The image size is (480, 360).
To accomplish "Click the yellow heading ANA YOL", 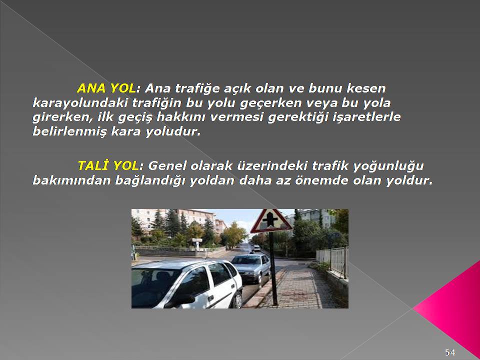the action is (x=106, y=88).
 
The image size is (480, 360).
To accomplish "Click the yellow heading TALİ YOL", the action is (x=108, y=165).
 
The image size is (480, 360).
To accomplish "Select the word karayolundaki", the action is (x=80, y=103).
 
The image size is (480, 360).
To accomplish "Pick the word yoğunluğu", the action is (x=388, y=166).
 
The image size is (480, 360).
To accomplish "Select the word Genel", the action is (x=167, y=165).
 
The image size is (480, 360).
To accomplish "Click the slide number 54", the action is (x=450, y=352).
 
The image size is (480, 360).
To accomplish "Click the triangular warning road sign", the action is (x=271, y=221).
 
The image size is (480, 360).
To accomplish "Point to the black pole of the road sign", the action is (x=273, y=269).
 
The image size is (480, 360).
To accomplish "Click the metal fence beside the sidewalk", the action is (x=332, y=261).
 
